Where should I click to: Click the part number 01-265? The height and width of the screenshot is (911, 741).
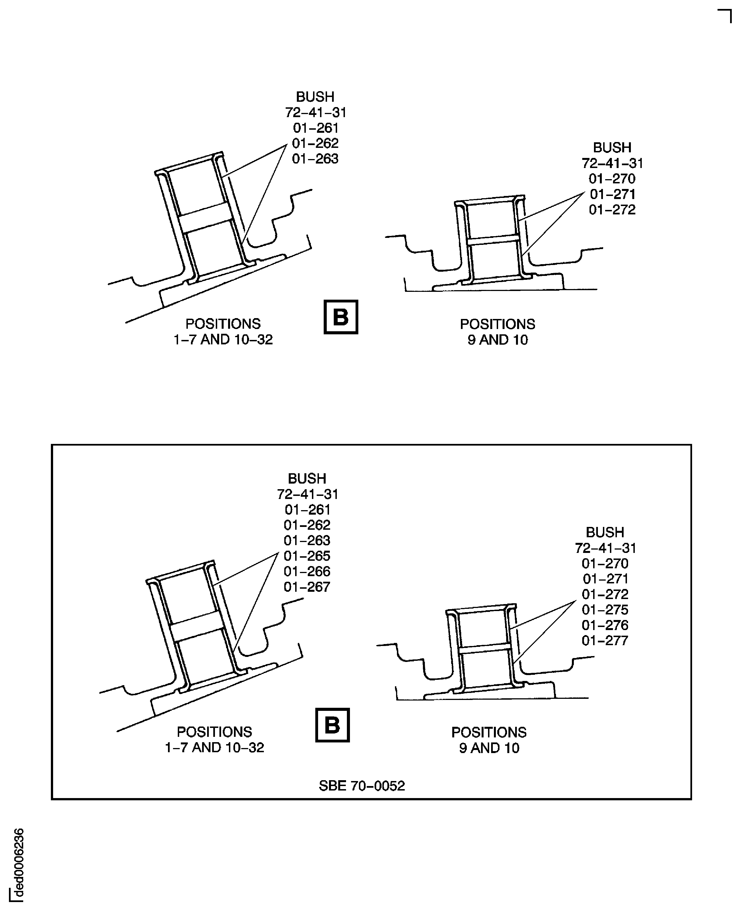(x=307, y=556)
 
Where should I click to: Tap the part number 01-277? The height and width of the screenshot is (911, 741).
(x=605, y=640)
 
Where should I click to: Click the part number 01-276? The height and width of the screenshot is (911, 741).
(x=605, y=625)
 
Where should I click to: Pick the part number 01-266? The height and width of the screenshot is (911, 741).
(x=307, y=571)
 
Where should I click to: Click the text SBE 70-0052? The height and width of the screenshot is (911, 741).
(x=361, y=785)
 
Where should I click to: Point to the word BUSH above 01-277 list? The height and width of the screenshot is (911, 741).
(x=605, y=532)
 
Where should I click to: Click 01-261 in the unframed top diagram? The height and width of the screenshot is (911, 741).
(x=316, y=128)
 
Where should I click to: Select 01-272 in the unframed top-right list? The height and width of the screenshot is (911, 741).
(x=612, y=210)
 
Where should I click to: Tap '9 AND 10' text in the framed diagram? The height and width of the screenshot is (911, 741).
(x=489, y=748)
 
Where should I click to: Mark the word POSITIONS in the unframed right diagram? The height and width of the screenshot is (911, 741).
(x=497, y=324)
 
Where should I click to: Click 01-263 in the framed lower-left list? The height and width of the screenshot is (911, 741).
(x=307, y=540)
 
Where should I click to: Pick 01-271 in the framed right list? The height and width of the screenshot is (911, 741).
(x=605, y=579)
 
